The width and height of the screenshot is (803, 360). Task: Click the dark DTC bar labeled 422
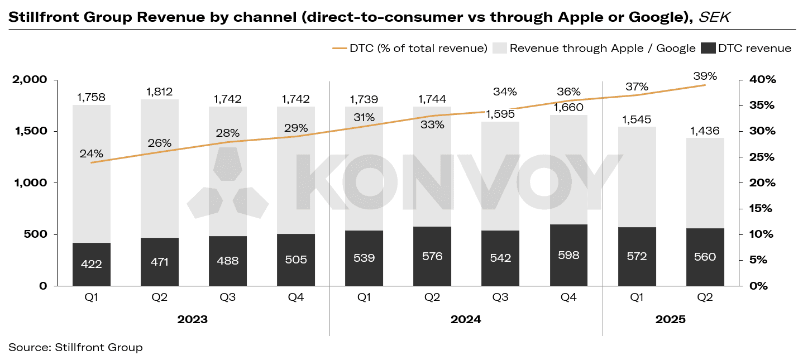pos(92,264)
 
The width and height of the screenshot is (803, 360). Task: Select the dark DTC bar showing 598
pos(568,255)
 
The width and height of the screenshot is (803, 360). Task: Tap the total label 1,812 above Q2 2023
pos(160,92)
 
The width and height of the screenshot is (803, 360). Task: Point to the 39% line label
pos(705,75)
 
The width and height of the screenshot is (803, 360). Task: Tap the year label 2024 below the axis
pos(466,320)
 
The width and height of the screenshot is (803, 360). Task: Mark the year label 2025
pos(670,320)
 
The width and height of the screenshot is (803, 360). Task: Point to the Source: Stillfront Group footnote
pos(75,347)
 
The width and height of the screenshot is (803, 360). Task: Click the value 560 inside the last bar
pos(705,257)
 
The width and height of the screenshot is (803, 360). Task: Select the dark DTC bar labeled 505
pos(296,260)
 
